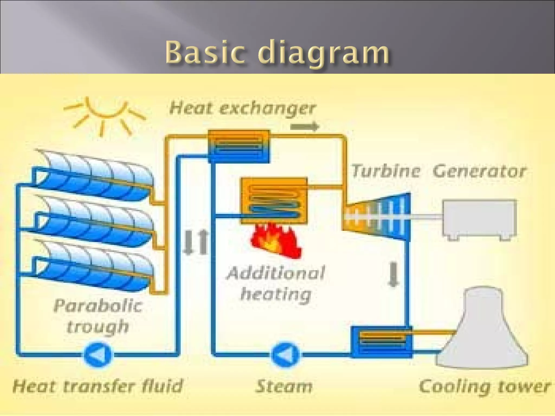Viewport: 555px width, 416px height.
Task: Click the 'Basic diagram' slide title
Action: (277, 52)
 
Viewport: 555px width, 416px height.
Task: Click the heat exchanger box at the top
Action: (239, 146)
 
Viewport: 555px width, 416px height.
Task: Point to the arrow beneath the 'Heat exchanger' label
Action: (305, 126)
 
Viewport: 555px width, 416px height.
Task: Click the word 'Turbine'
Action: (385, 171)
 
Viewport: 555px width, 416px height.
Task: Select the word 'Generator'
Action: (479, 171)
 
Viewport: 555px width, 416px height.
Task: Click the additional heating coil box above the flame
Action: (274, 200)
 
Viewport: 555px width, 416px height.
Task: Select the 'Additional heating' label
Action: (276, 283)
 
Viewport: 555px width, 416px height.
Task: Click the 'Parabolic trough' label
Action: (98, 316)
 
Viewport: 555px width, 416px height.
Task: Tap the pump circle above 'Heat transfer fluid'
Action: (97, 355)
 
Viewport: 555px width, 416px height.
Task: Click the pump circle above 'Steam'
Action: (285, 355)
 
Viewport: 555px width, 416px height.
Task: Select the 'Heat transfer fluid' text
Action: (98, 386)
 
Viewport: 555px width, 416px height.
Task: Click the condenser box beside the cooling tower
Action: (381, 342)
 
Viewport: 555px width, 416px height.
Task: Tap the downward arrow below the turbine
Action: (393, 274)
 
